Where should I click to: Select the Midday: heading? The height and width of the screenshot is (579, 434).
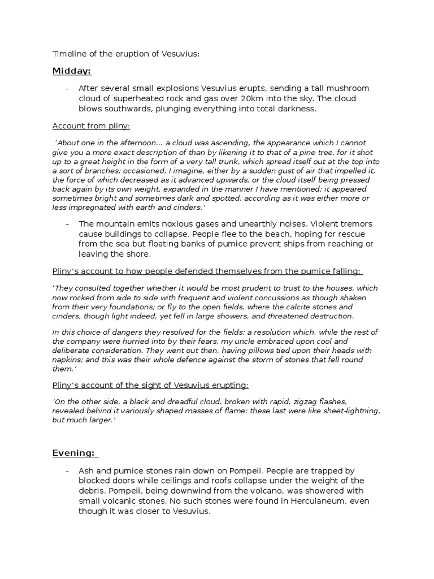click(72, 71)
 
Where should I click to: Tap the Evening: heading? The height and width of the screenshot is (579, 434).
click(75, 452)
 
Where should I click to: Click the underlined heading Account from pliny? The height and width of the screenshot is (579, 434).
click(91, 126)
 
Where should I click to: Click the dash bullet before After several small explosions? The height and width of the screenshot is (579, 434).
click(67, 88)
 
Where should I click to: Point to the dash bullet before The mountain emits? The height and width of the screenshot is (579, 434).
click(67, 224)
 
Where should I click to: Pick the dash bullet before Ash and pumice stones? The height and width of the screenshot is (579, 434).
click(67, 471)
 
